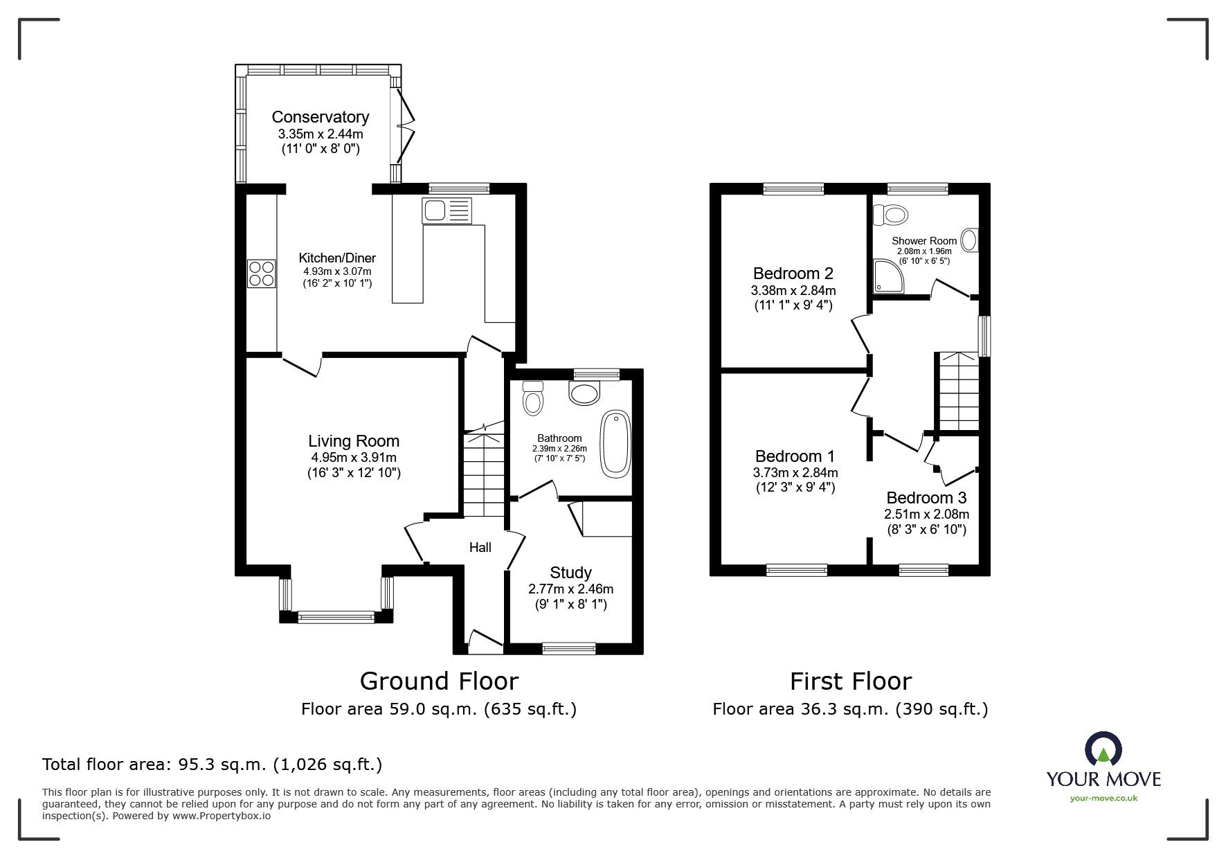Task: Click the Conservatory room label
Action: pyautogui.click(x=320, y=117)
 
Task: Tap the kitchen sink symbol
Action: pyautogui.click(x=447, y=211)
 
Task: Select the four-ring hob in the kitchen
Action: pyautogui.click(x=262, y=273)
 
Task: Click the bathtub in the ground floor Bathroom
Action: pyautogui.click(x=615, y=443)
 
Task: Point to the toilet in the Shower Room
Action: pyautogui.click(x=891, y=216)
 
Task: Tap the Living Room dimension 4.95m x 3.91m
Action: pyautogui.click(x=354, y=458)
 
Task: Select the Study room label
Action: pyautogui.click(x=570, y=573)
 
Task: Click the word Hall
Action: pyautogui.click(x=480, y=547)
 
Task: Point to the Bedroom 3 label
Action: pyautogui.click(x=926, y=498)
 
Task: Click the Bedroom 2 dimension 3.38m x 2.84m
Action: pyautogui.click(x=793, y=290)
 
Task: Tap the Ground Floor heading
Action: pyautogui.click(x=439, y=681)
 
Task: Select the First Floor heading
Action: pyautogui.click(x=851, y=681)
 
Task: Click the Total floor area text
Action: pyautogui.click(x=212, y=765)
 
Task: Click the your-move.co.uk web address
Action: pyautogui.click(x=1103, y=798)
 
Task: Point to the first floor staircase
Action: pyautogui.click(x=959, y=391)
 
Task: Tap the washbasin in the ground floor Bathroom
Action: pyautogui.click(x=586, y=394)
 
